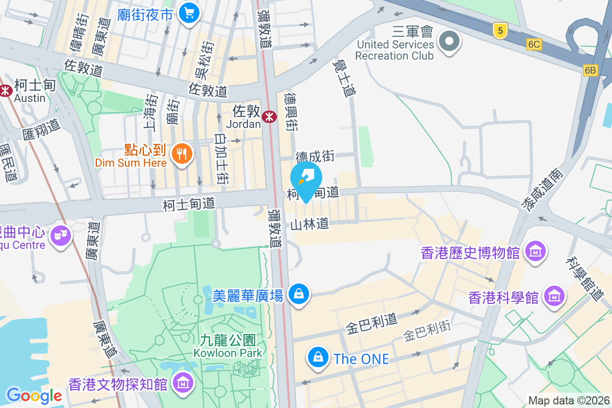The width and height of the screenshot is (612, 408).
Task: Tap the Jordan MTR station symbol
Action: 269,117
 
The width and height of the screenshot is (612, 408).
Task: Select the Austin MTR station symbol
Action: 6,90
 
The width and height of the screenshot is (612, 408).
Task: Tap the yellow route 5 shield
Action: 500,31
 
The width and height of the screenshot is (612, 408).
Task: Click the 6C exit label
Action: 534,45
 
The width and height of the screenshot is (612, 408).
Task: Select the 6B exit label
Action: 591,70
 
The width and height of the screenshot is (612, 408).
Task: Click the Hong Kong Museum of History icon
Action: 535,251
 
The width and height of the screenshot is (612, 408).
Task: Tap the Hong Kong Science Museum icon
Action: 553,296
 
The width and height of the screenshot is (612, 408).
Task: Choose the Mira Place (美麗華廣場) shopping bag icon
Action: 299,294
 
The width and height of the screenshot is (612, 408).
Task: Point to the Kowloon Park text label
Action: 227,346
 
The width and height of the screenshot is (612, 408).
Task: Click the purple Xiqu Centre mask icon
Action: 61,236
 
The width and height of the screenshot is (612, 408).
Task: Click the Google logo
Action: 34,395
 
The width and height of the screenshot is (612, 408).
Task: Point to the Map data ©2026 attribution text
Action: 569,400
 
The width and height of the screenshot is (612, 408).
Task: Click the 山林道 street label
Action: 310,224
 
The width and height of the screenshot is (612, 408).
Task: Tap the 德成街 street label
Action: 315,156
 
